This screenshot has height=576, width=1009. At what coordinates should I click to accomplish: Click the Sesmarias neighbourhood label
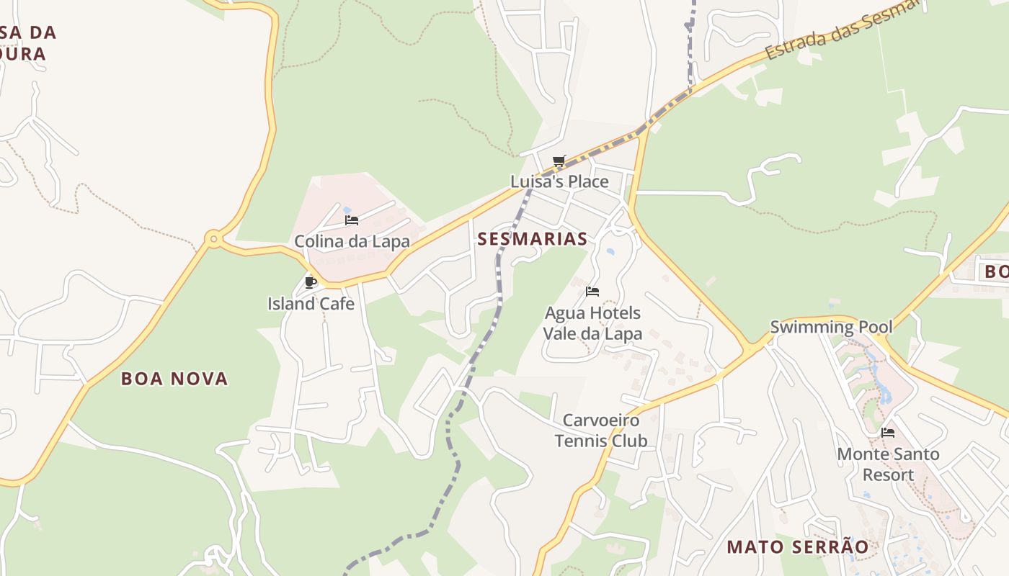533,239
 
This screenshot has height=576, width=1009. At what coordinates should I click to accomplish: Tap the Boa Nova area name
174,379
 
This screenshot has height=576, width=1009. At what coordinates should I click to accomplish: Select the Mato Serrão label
797,546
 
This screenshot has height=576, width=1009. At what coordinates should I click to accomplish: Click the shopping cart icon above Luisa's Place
559,161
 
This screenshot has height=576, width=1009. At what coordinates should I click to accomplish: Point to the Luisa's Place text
559,181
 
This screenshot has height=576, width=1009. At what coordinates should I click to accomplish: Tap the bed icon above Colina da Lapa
352,220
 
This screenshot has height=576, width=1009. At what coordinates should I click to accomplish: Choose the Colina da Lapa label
352,241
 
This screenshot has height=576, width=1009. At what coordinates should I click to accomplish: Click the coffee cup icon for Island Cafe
311,282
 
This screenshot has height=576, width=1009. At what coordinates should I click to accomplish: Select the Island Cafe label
311,304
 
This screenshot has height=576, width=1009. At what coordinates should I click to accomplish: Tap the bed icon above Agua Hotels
592,292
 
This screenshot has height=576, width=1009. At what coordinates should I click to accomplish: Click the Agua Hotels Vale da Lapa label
592,323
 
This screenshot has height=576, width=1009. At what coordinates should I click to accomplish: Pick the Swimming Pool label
831,327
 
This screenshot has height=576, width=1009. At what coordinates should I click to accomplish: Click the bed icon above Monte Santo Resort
888,433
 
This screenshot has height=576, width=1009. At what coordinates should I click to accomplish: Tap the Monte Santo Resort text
888,464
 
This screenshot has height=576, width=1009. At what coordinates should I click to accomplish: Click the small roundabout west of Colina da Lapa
213,238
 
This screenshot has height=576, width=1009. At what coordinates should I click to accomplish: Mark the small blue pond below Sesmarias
611,253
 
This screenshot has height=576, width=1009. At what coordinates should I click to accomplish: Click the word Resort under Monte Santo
888,475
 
